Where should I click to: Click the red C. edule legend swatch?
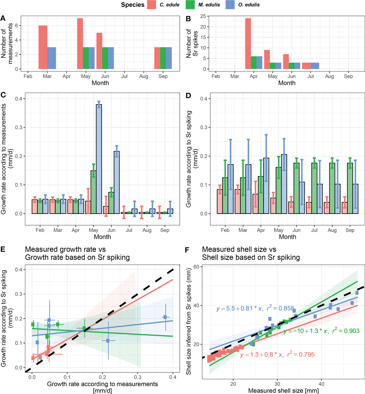pyautogui.click(x=151, y=5)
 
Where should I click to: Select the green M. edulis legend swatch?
pyautogui.click(x=190, y=5)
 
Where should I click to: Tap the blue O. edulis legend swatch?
pyautogui.click(x=230, y=5)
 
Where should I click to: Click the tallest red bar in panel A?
pyautogui.click(x=80, y=44)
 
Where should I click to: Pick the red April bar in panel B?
pyautogui.click(x=248, y=44)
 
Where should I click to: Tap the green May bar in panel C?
pyautogui.click(x=94, y=192)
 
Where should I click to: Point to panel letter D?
pyautogui.click(x=188, y=95)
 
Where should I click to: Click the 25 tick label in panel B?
pyautogui.click(x=203, y=16)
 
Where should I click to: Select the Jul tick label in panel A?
pyautogui.click(x=124, y=76)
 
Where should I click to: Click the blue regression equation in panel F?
pyautogui.click(x=255, y=308)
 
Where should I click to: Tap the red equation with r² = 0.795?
pyautogui.click(x=277, y=355)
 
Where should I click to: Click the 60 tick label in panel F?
pyautogui.click(x=196, y=267)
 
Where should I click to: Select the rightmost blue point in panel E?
pyautogui.click(x=165, y=317)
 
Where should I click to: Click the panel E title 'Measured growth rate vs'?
pyautogui.click(x=65, y=249)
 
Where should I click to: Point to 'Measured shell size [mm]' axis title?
pyautogui.click(x=283, y=391)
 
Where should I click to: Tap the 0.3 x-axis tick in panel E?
pyautogui.click(x=138, y=377)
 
